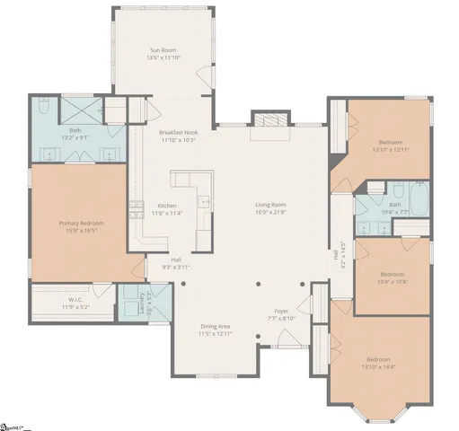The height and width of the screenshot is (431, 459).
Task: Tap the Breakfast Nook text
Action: (178, 133)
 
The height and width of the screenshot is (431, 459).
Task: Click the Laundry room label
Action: (143, 303)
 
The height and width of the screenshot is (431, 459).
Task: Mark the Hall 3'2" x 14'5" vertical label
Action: (339, 254)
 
